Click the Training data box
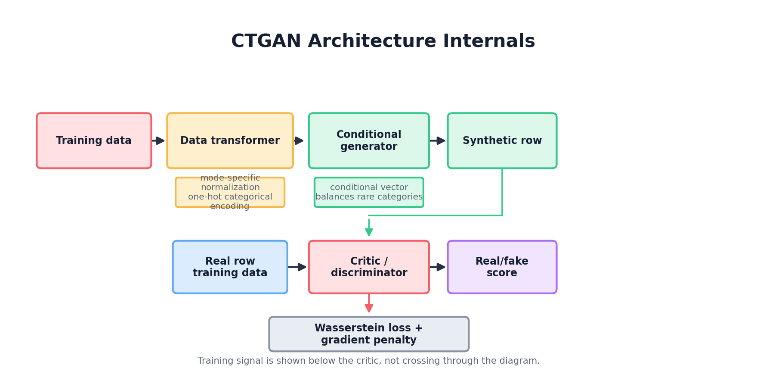[94, 141]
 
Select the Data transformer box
[230, 141]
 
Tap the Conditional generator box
[369, 141]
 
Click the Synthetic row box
[502, 141]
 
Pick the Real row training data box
[230, 267]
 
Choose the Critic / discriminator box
[369, 267]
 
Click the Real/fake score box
[502, 267]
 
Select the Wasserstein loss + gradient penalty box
[369, 334]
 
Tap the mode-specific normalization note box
[230, 192]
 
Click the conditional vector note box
[369, 192]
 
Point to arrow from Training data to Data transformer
[158, 141]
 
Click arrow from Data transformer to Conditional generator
[299, 141]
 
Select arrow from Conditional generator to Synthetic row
[438, 141]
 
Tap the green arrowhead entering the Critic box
[369, 231]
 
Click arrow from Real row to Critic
[297, 267]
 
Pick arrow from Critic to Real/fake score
[438, 267]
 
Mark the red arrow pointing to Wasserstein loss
[369, 304]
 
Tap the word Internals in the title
[489, 41]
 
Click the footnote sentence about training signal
[368, 361]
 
